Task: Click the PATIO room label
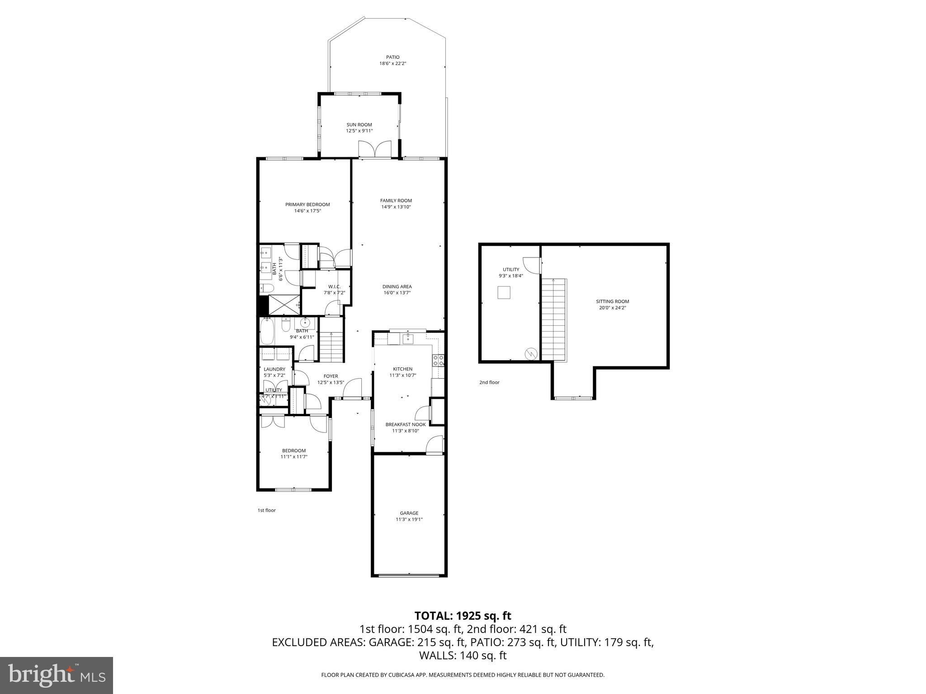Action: [392, 57]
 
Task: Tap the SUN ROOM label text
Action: [359, 125]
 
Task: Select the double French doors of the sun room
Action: [375, 150]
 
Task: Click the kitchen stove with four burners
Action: [439, 360]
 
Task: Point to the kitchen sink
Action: [407, 338]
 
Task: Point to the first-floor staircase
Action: [332, 346]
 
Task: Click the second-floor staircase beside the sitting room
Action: [553, 320]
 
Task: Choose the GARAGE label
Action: [409, 513]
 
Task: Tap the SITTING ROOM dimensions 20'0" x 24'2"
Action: [613, 308]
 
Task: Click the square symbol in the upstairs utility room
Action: [504, 292]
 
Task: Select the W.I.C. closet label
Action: [334, 286]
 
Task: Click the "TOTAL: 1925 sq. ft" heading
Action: [463, 615]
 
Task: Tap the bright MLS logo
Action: [57, 675]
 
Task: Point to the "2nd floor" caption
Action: [489, 382]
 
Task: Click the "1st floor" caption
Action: [266, 510]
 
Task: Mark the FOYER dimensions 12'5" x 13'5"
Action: [331, 382]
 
